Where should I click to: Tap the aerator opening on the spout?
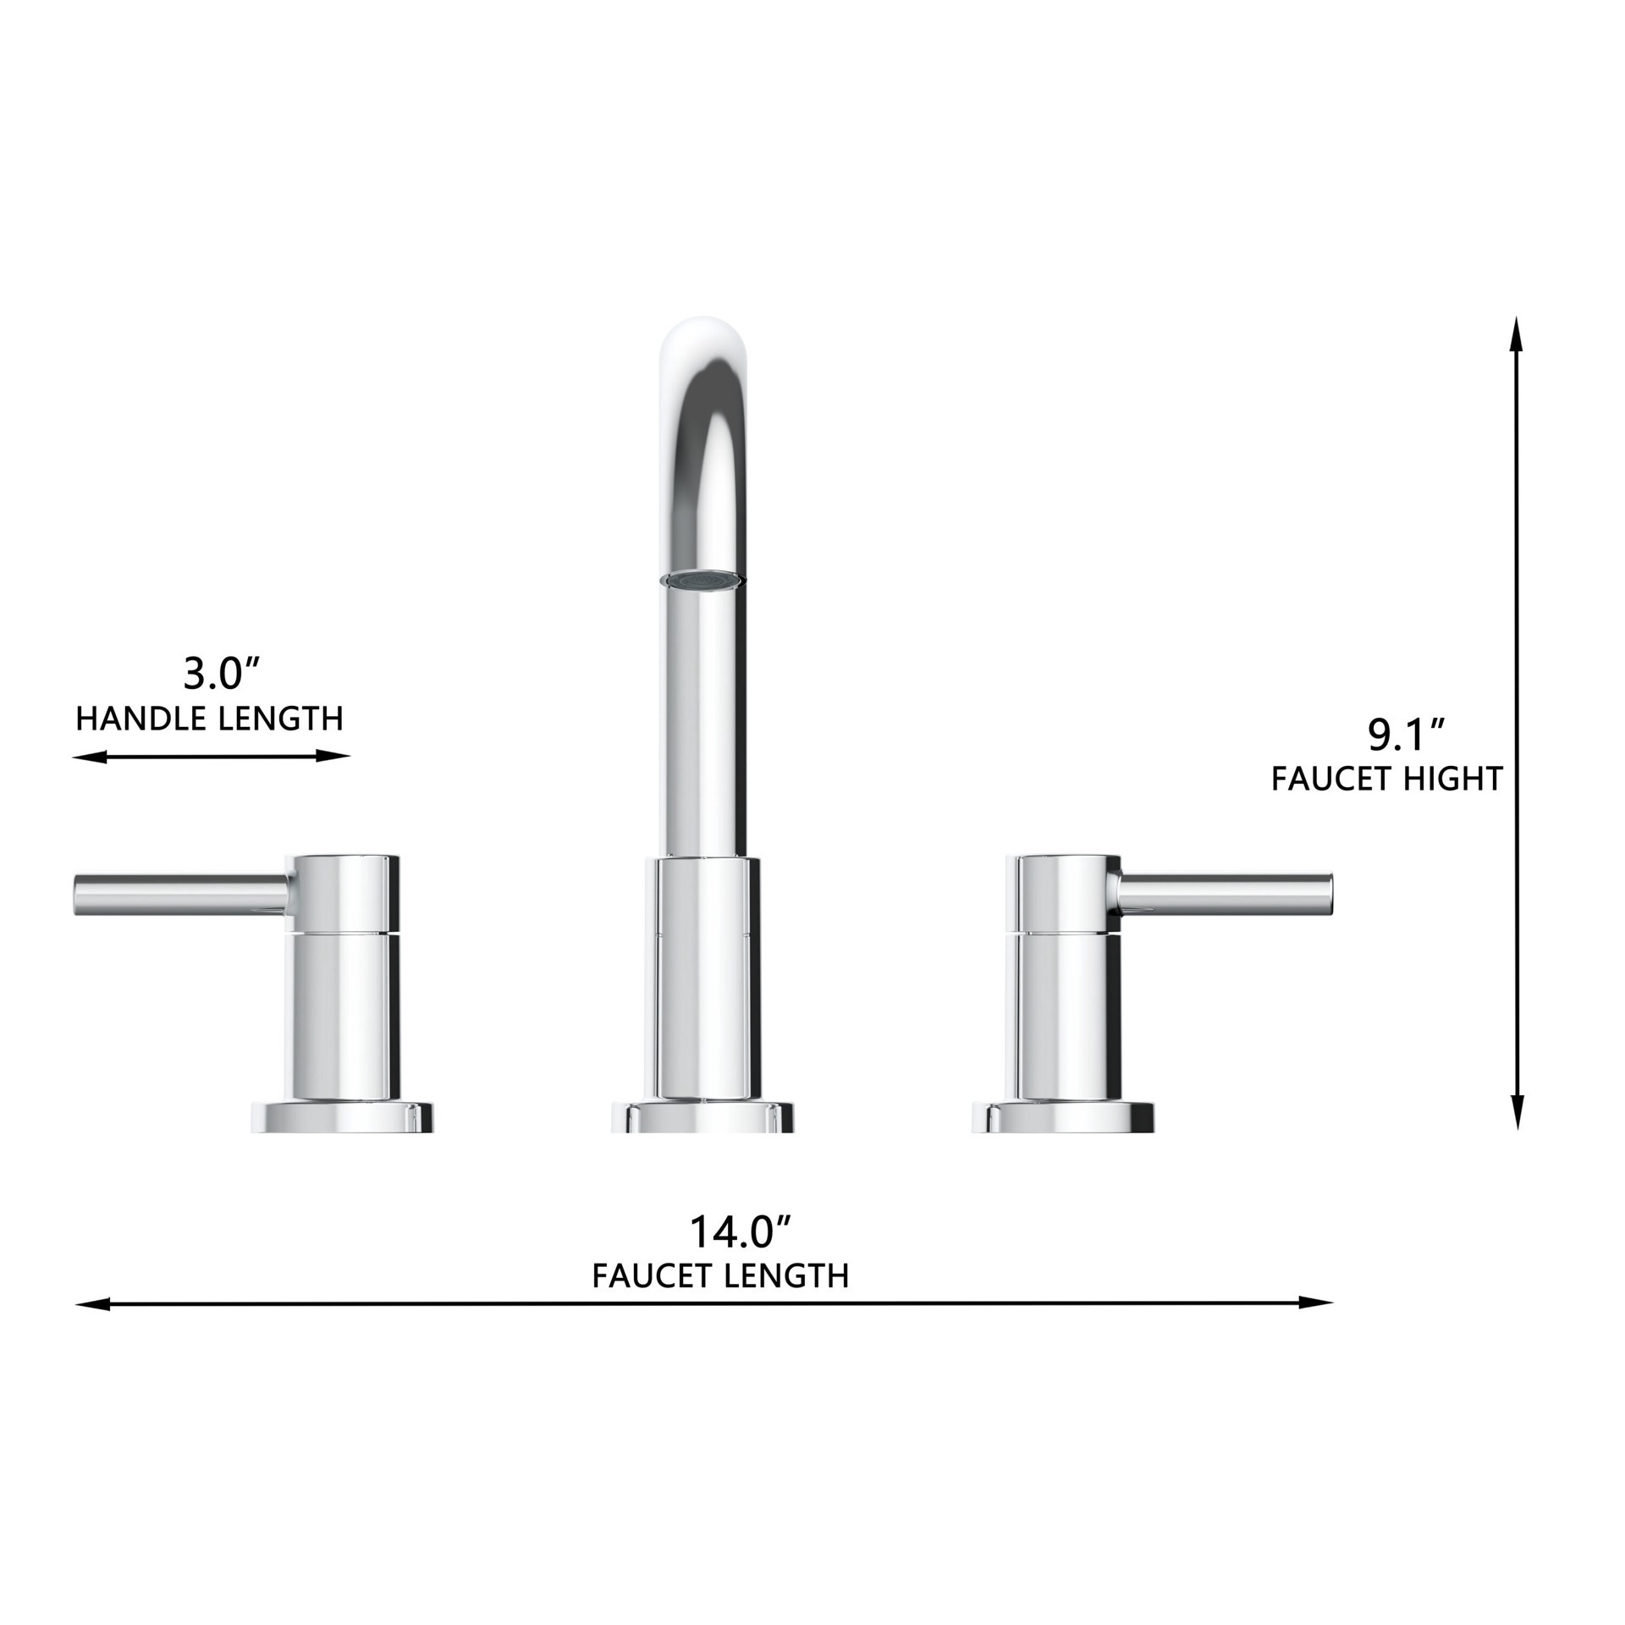tap(702, 580)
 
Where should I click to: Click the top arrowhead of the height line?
tap(1517, 332)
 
